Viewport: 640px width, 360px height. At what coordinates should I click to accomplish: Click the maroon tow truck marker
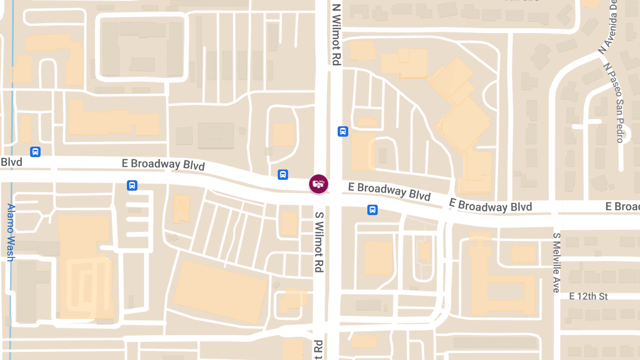coord(318,184)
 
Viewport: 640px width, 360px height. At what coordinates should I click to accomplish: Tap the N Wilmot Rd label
coord(336,35)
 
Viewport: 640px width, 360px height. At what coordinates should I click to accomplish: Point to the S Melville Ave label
coord(556,262)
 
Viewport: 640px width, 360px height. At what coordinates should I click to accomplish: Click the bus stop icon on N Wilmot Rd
coord(342,131)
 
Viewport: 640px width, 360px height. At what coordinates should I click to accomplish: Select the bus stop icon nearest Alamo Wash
coord(35,151)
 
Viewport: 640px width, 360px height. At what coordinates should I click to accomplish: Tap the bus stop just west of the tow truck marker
coord(283,174)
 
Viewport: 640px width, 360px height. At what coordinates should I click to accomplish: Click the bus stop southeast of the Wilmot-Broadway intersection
coord(372,210)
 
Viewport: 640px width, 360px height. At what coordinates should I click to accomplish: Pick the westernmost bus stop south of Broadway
coord(132,185)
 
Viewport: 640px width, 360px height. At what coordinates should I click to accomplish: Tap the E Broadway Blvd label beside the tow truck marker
coord(389,191)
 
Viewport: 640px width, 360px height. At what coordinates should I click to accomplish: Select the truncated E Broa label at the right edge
coord(622,206)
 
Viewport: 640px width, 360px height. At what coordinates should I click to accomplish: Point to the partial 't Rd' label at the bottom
coord(318,349)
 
